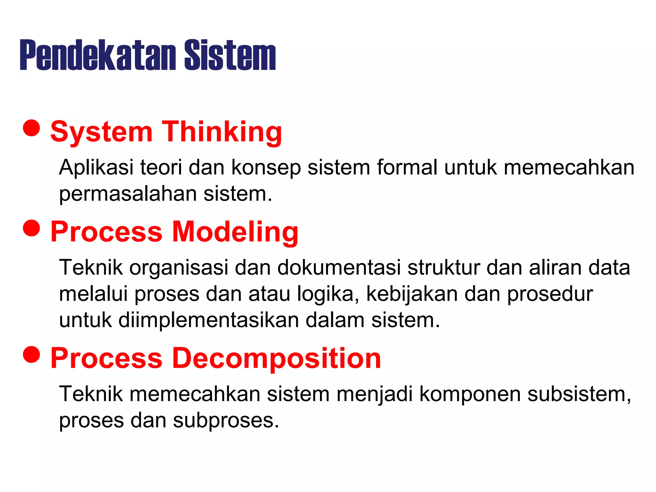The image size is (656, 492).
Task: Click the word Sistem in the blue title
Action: [x=230, y=55]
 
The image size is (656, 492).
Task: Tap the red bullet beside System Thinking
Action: [x=31, y=128]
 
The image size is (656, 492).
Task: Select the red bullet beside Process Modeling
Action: [x=31, y=228]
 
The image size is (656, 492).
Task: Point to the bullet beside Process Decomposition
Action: [x=31, y=354]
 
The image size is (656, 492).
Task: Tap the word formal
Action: [x=407, y=168]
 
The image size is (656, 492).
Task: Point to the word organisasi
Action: [x=179, y=267]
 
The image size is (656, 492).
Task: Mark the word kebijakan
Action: [x=412, y=294]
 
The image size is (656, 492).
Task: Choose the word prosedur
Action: [x=550, y=294]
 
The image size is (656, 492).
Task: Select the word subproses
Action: [x=226, y=421]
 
